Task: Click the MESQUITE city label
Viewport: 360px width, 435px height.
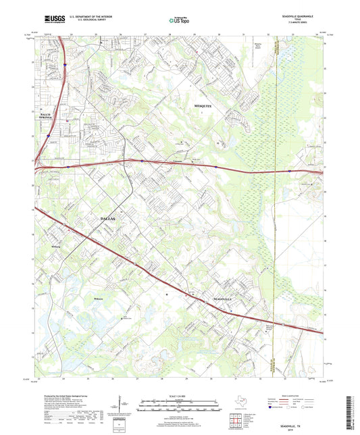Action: [x=203, y=107]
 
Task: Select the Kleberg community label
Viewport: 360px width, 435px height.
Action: [x=57, y=247]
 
